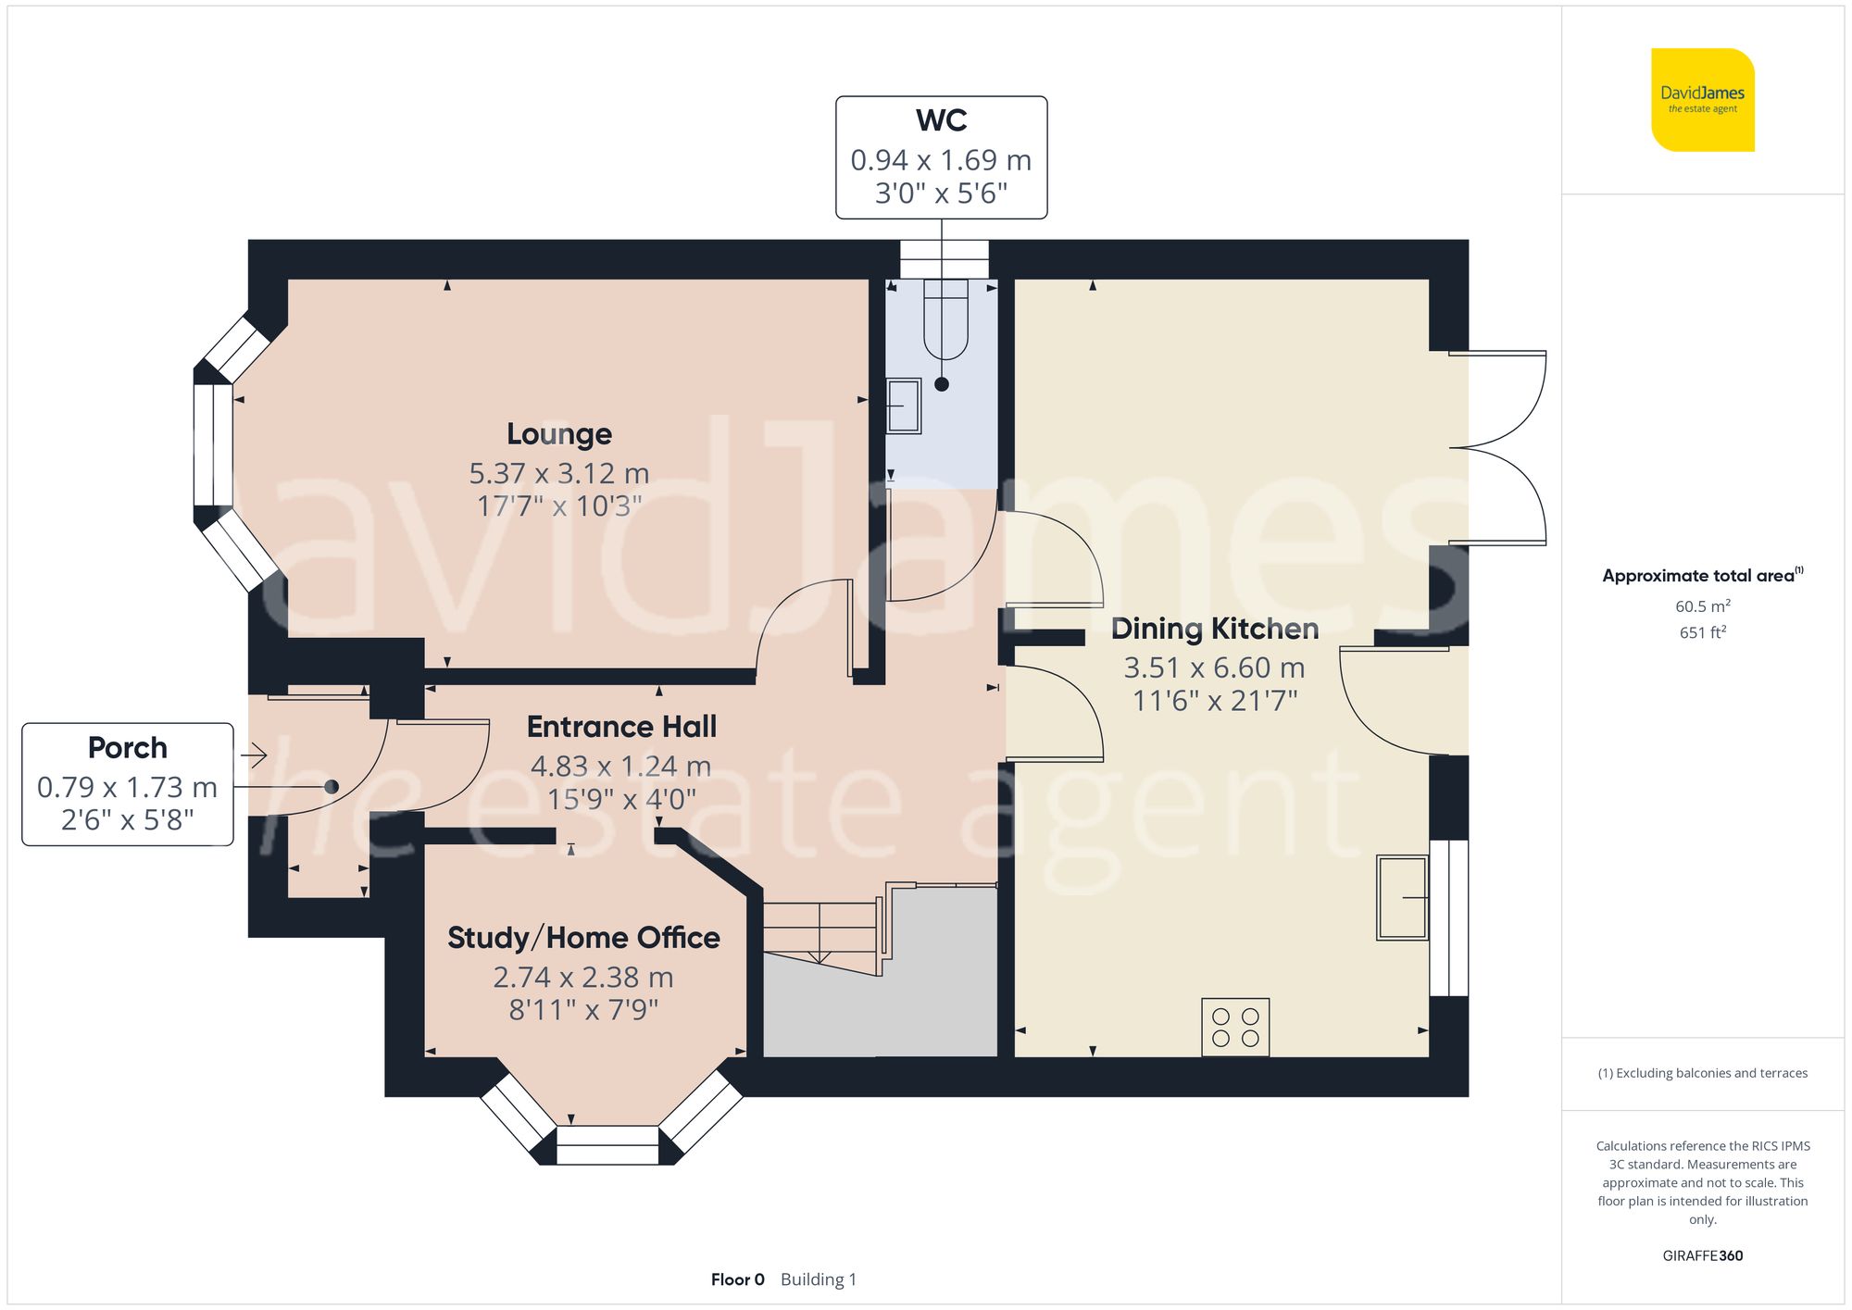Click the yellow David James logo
(x=1702, y=100)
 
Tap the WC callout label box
(x=941, y=157)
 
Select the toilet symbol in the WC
(x=945, y=319)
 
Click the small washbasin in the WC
(x=903, y=405)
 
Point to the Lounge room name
(x=558, y=434)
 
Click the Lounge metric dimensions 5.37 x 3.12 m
(x=558, y=474)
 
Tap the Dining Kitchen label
(x=1214, y=630)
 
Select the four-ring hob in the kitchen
(x=1235, y=1027)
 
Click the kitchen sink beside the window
(x=1402, y=897)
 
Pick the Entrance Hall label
(x=621, y=727)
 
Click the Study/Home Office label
(x=583, y=938)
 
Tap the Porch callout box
(x=128, y=784)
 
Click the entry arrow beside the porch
(x=255, y=755)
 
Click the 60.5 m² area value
(x=1702, y=606)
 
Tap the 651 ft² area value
(x=1702, y=632)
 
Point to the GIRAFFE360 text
(x=1702, y=1255)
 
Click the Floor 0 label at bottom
(x=737, y=1279)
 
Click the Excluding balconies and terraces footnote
(x=1702, y=1073)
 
